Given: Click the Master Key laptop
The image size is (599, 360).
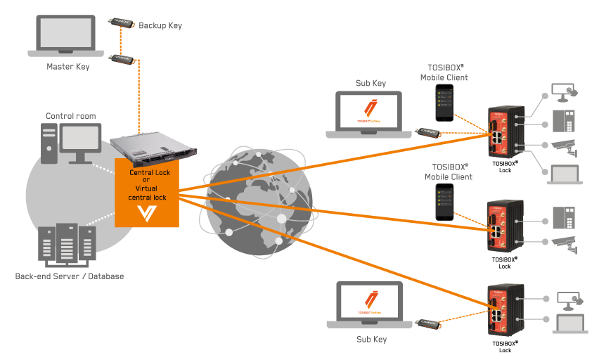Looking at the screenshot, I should (66, 35).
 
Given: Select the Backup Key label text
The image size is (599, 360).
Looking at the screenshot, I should (160, 25).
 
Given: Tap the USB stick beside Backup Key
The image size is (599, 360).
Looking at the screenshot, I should (121, 22).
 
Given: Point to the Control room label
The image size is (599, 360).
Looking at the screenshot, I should (71, 116).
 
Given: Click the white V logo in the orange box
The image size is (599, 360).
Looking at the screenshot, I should (147, 212).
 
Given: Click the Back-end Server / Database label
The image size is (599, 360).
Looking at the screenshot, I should (70, 276).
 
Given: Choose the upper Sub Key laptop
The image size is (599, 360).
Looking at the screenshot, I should (370, 112).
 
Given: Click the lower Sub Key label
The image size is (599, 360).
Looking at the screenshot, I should (371, 340).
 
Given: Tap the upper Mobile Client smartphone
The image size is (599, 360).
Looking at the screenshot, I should (443, 103).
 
